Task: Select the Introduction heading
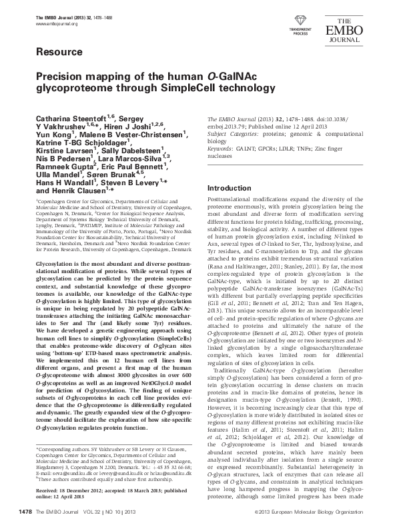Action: coord(232,188)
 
